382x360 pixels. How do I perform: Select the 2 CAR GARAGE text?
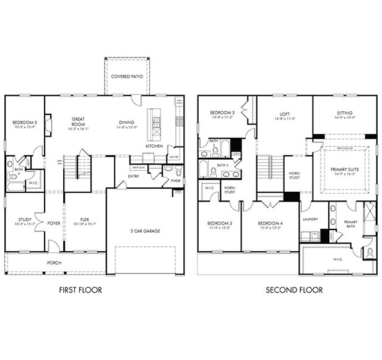145,231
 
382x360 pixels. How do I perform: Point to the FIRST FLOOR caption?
80,289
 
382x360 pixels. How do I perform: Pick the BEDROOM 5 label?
25,123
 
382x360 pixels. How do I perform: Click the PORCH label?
55,262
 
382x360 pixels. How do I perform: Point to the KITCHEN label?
154,146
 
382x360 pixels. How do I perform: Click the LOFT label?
285,114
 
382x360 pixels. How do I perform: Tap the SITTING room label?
344,114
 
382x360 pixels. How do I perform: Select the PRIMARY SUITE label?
344,169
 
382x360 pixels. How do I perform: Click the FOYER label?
54,223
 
